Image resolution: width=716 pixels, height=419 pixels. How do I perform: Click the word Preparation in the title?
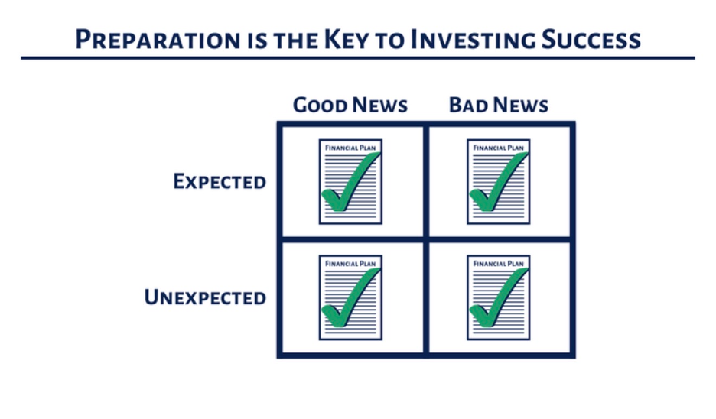[x=158, y=39]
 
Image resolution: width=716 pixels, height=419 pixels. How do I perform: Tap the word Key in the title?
[x=346, y=39]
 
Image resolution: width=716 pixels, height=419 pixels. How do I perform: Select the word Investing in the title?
[x=473, y=41]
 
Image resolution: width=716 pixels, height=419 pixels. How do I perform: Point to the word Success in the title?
[x=591, y=39]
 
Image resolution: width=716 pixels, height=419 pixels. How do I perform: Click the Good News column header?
[x=350, y=105]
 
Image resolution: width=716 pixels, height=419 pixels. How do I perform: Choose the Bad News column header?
[x=499, y=105]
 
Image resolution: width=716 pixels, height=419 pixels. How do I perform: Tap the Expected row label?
[x=220, y=181]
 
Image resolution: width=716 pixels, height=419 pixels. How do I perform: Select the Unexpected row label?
[x=205, y=297]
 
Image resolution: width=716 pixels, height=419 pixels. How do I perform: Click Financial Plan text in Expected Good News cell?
[x=350, y=148]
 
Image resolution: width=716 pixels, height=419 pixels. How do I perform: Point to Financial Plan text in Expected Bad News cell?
[x=498, y=148]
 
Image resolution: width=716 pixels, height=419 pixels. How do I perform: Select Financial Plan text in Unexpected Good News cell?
[x=350, y=264]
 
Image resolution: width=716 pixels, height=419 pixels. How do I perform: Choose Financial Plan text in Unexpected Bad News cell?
[x=498, y=264]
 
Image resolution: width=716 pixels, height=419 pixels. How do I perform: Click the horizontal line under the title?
[x=358, y=58]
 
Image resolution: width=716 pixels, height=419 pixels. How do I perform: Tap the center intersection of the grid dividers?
[x=426, y=239]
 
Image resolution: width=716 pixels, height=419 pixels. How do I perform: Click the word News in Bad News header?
[x=521, y=105]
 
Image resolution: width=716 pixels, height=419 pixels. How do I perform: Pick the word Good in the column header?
[x=320, y=105]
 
